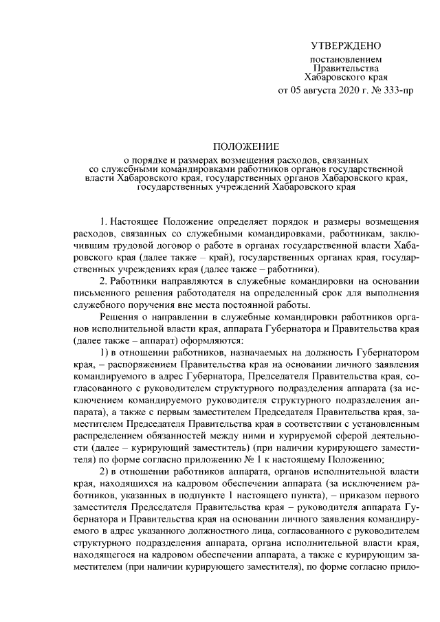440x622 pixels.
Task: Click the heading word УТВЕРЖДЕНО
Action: (x=345, y=46)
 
